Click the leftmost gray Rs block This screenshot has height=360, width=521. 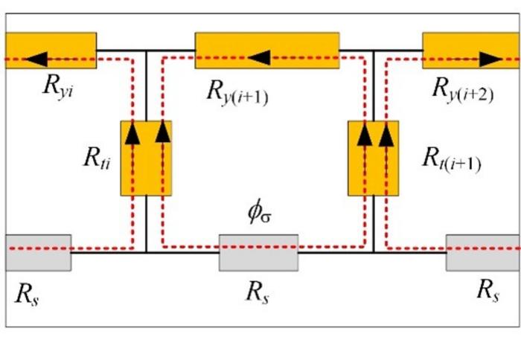point(38,252)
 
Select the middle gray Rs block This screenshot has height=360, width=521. point(258,252)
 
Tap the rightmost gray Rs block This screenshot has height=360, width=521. point(483,252)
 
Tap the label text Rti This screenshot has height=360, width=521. point(98,158)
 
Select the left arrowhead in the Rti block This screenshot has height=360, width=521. point(132,134)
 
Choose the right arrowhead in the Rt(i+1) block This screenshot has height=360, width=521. point(385,134)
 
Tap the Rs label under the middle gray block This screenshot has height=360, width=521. point(257,291)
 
